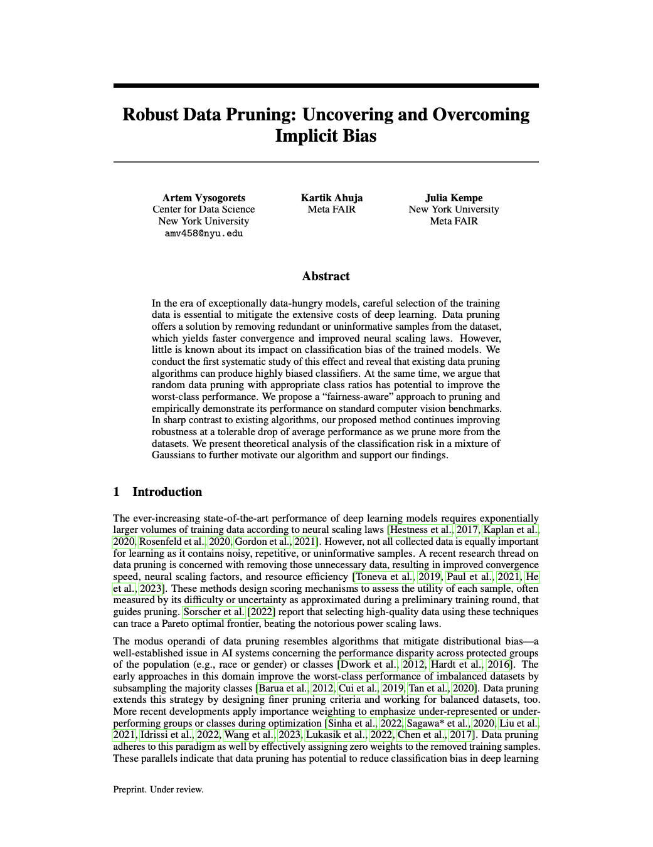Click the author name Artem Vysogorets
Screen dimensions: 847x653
pos(204,197)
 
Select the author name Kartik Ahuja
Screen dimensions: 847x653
pos(331,197)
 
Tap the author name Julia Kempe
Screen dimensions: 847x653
pos(454,197)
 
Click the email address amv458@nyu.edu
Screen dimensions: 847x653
pos(204,234)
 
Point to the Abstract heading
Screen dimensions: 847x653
pos(326,276)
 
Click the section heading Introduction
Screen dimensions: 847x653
pos(167,492)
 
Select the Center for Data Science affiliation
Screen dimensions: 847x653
pos(204,209)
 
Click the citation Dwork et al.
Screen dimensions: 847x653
pos(368,665)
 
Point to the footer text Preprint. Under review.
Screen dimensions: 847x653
pos(158,789)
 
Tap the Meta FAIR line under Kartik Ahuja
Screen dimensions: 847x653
pos(331,209)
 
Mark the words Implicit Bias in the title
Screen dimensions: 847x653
pos(326,136)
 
